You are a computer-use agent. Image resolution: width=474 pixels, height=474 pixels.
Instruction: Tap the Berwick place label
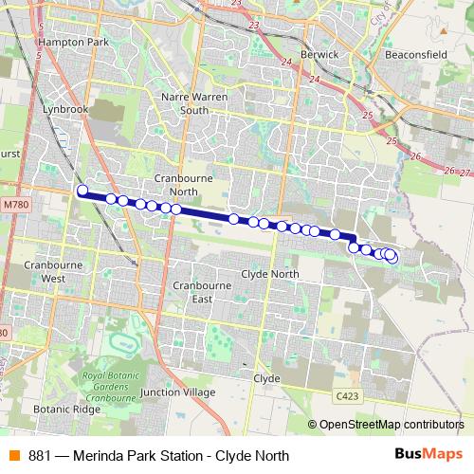click(320, 55)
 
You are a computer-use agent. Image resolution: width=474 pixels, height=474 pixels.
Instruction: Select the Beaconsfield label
click(416, 55)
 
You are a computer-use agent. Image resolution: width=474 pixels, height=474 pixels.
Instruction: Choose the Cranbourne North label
click(182, 185)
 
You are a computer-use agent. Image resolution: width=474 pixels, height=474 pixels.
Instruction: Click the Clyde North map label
click(270, 273)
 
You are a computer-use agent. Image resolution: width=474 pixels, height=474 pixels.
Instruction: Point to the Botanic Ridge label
click(65, 410)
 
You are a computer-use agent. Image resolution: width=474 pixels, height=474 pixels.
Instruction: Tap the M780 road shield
click(15, 204)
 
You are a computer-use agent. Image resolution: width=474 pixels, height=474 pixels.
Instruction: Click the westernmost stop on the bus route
click(82, 191)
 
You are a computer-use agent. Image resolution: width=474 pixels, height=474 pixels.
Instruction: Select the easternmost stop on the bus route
click(392, 256)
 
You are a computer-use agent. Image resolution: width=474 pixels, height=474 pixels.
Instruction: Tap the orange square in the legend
click(13, 455)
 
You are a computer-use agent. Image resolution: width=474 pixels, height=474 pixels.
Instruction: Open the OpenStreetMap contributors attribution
click(391, 426)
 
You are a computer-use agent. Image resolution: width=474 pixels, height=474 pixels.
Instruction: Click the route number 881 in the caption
click(40, 456)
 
